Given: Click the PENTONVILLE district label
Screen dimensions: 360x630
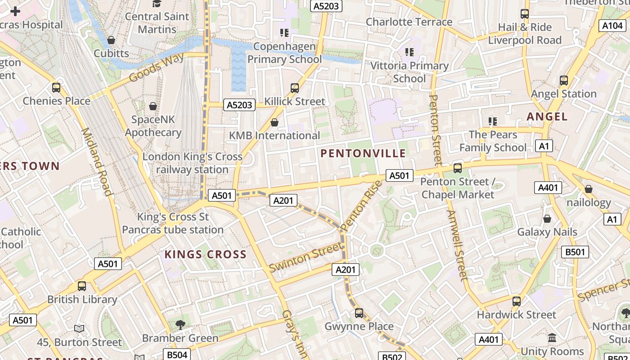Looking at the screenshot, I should coord(363,153).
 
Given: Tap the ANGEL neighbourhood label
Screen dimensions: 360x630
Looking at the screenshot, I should coord(547,117).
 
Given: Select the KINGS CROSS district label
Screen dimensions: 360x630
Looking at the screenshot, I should coord(205,254).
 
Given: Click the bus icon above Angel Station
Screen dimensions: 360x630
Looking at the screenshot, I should coord(564,81).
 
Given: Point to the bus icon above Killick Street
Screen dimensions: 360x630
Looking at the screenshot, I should coord(295,88).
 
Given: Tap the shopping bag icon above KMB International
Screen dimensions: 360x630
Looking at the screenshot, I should coord(274,122).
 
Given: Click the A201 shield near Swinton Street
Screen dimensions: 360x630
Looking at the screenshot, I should coord(346,270).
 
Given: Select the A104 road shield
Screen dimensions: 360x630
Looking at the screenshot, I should coord(612,26).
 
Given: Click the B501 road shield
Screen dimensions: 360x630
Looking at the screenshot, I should coord(575,252).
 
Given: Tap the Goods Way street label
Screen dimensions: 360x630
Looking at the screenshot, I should coord(156,68).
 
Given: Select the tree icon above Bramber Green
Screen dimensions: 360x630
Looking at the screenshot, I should coord(180,324).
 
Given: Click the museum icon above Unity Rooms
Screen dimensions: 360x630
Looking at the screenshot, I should coord(552,337).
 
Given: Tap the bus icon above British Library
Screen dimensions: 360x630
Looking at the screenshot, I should coord(82,286).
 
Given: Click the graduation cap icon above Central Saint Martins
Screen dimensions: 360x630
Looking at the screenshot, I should coord(157,4).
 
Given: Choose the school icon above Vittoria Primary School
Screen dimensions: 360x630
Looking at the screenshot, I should coord(409,52).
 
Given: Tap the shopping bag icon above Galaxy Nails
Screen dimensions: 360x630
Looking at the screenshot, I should coord(547,219).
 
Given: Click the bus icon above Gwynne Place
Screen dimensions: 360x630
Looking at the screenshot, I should coord(359,313).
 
